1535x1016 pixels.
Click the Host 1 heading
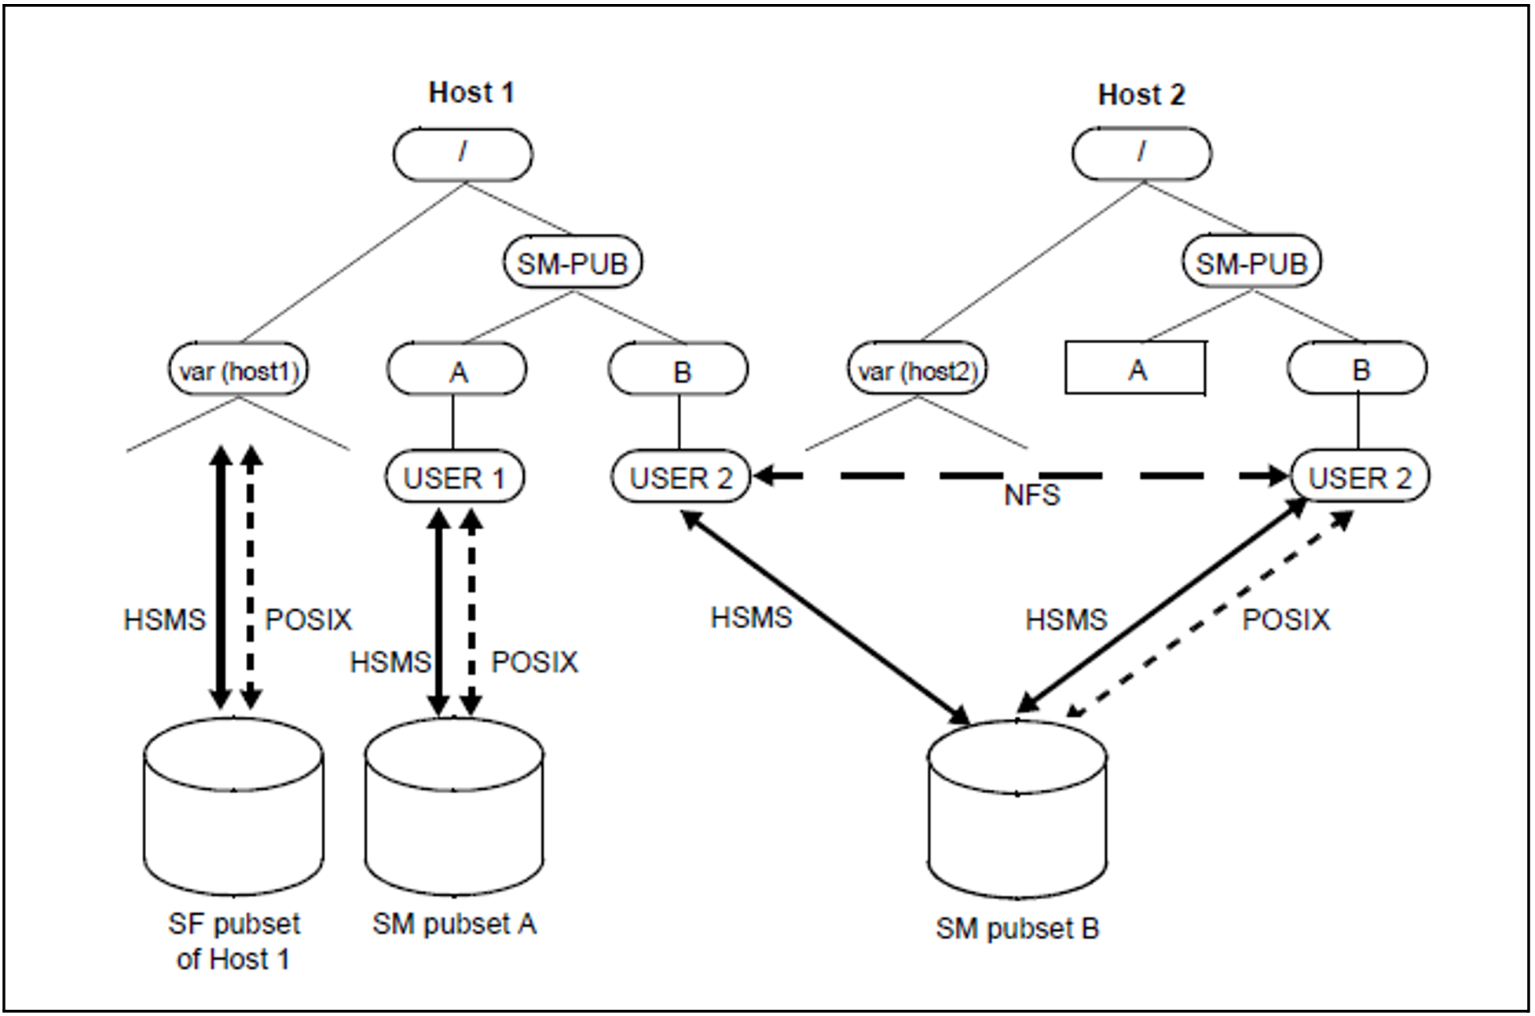point(471,93)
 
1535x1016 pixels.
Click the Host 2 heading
point(1141,95)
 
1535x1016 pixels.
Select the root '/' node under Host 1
point(463,154)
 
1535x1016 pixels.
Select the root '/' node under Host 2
point(1141,153)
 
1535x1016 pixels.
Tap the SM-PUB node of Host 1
point(573,262)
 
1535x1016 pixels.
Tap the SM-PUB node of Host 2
point(1251,262)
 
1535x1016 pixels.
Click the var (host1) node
point(239,370)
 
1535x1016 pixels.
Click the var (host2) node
point(918,370)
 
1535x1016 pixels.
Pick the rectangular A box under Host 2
point(1135,368)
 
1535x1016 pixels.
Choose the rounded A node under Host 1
point(457,370)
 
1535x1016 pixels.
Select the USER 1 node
point(454,477)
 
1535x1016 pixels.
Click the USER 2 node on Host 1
point(680,477)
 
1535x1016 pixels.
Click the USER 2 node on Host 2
point(1360,477)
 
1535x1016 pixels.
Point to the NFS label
point(1031,495)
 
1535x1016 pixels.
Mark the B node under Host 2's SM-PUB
point(1357,368)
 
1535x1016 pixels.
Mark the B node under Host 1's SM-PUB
point(679,370)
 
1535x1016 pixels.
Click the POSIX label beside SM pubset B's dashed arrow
point(1285,620)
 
